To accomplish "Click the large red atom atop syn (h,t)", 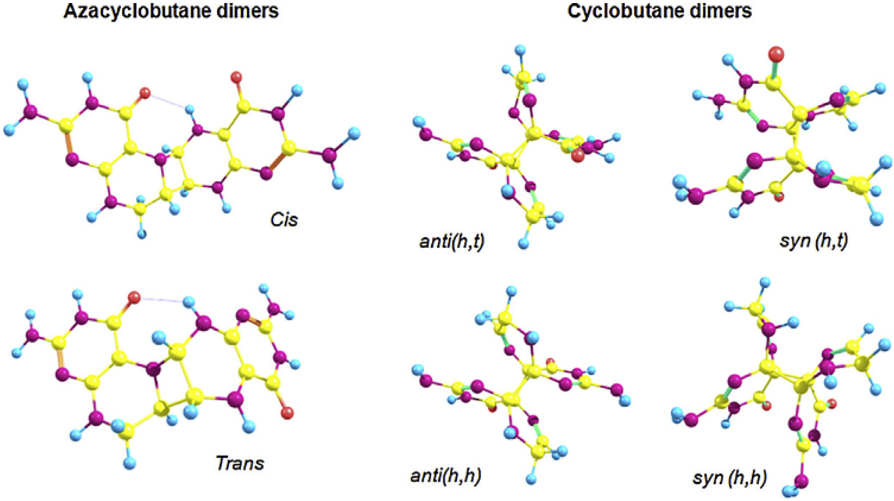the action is click(776, 55).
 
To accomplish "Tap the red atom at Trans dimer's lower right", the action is click(287, 413).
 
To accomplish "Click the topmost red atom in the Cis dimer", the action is click(236, 76).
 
